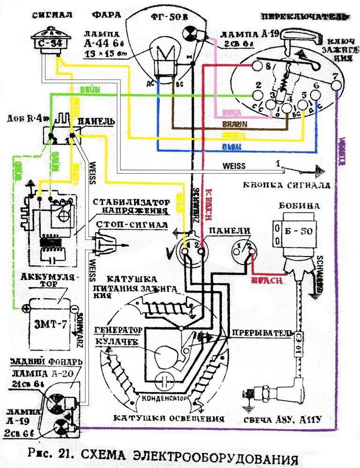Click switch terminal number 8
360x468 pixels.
click(268, 66)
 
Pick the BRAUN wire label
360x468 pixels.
click(234, 125)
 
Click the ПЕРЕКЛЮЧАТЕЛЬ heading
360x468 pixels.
click(304, 17)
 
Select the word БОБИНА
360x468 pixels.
click(300, 206)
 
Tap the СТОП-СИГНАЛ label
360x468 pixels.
click(132, 224)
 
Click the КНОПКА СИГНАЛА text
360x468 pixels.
click(287, 185)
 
